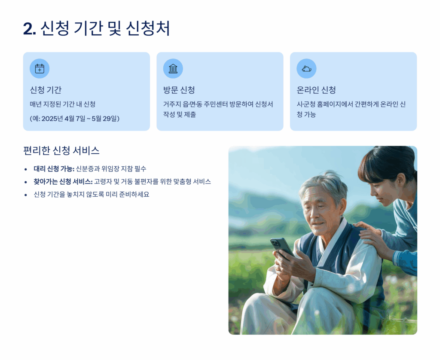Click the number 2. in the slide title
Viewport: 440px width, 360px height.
30,29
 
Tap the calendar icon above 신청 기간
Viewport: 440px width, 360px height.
40,68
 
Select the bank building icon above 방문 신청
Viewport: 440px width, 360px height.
173,68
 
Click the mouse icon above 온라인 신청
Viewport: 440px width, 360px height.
306,68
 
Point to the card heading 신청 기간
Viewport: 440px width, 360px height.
46,90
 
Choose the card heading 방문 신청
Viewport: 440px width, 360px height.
179,90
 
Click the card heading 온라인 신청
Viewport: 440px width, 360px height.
316,90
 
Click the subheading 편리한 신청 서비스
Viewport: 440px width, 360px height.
61,151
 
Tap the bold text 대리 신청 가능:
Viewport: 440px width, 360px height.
54,169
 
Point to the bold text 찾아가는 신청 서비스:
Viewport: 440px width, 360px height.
63,182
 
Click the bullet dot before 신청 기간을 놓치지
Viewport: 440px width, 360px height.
26,195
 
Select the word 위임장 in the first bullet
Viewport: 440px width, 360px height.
110,169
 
